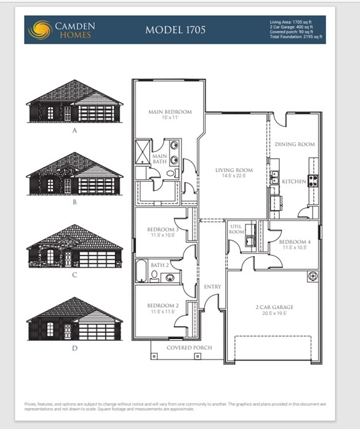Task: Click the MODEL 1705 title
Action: point(175,30)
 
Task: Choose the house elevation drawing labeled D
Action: point(74,319)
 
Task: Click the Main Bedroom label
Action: point(170,112)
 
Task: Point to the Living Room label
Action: point(234,170)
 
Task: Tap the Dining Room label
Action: point(295,144)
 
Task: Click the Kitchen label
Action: point(294,182)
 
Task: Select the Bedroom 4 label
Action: point(294,242)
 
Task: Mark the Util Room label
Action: point(236,228)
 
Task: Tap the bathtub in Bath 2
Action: point(142,271)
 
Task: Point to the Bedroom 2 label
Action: point(162,306)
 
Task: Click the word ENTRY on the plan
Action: point(212,287)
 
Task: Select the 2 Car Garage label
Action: point(274,307)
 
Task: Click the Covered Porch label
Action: point(190,348)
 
